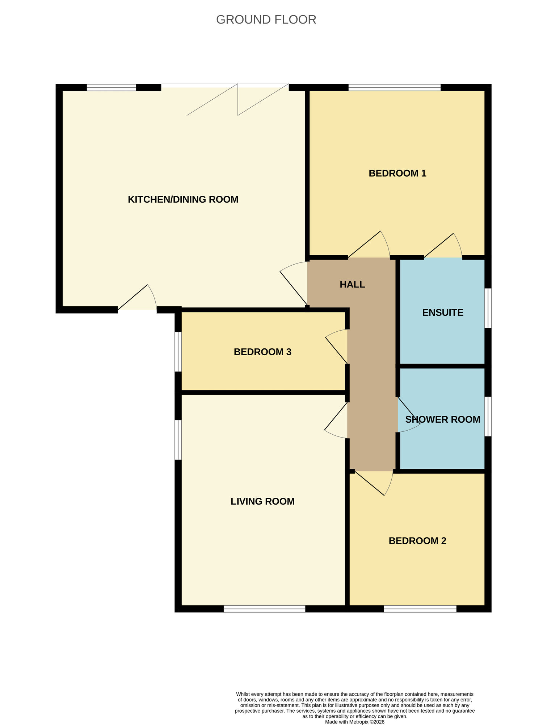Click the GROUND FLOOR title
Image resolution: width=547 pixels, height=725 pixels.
tap(266, 20)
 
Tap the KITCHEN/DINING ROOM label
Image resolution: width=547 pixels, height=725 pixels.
tap(183, 199)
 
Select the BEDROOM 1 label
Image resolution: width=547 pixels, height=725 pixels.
tap(397, 173)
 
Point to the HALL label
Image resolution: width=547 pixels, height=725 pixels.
tap(352, 285)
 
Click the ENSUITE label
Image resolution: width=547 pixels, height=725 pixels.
tap(443, 312)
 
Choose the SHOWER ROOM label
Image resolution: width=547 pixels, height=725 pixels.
tap(442, 419)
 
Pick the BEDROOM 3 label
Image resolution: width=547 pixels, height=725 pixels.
tap(262, 352)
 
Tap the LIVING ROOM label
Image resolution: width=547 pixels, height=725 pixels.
tap(262, 501)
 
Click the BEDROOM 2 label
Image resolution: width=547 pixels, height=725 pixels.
tap(417, 541)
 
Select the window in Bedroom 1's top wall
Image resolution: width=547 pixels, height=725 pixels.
tap(394, 87)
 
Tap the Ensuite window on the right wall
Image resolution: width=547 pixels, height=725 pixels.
tap(488, 308)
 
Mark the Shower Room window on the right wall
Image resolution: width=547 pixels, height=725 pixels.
tap(488, 416)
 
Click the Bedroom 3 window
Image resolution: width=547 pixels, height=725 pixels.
tap(178, 352)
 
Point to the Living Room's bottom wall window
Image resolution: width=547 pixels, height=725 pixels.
tap(264, 609)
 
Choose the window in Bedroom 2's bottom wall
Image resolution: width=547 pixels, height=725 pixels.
tap(420, 609)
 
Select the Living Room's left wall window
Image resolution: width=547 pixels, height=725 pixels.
tap(178, 440)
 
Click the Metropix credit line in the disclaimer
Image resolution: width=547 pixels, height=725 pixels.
tap(354, 722)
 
